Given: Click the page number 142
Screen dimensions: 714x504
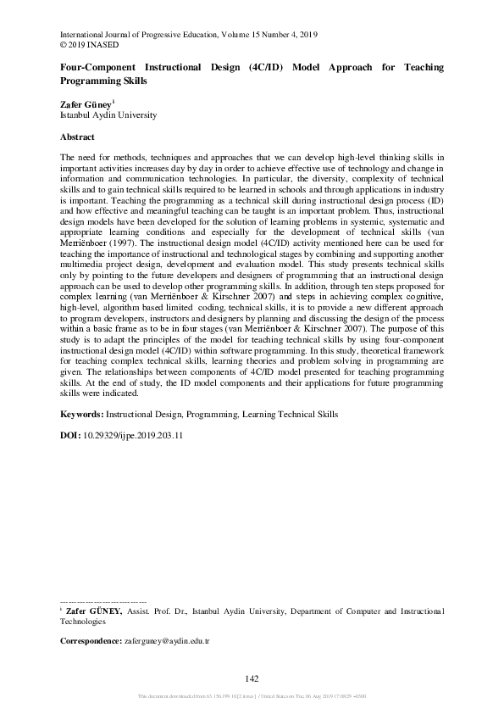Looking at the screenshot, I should click(251, 678).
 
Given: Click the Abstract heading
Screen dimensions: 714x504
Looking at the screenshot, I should click(77, 137).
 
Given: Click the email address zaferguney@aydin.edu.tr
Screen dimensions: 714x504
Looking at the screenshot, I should click(166, 641).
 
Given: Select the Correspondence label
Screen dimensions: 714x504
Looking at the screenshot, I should click(91, 641).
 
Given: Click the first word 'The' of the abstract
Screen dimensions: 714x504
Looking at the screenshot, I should click(68, 159).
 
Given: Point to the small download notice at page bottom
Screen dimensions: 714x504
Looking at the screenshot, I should click(251, 697).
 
